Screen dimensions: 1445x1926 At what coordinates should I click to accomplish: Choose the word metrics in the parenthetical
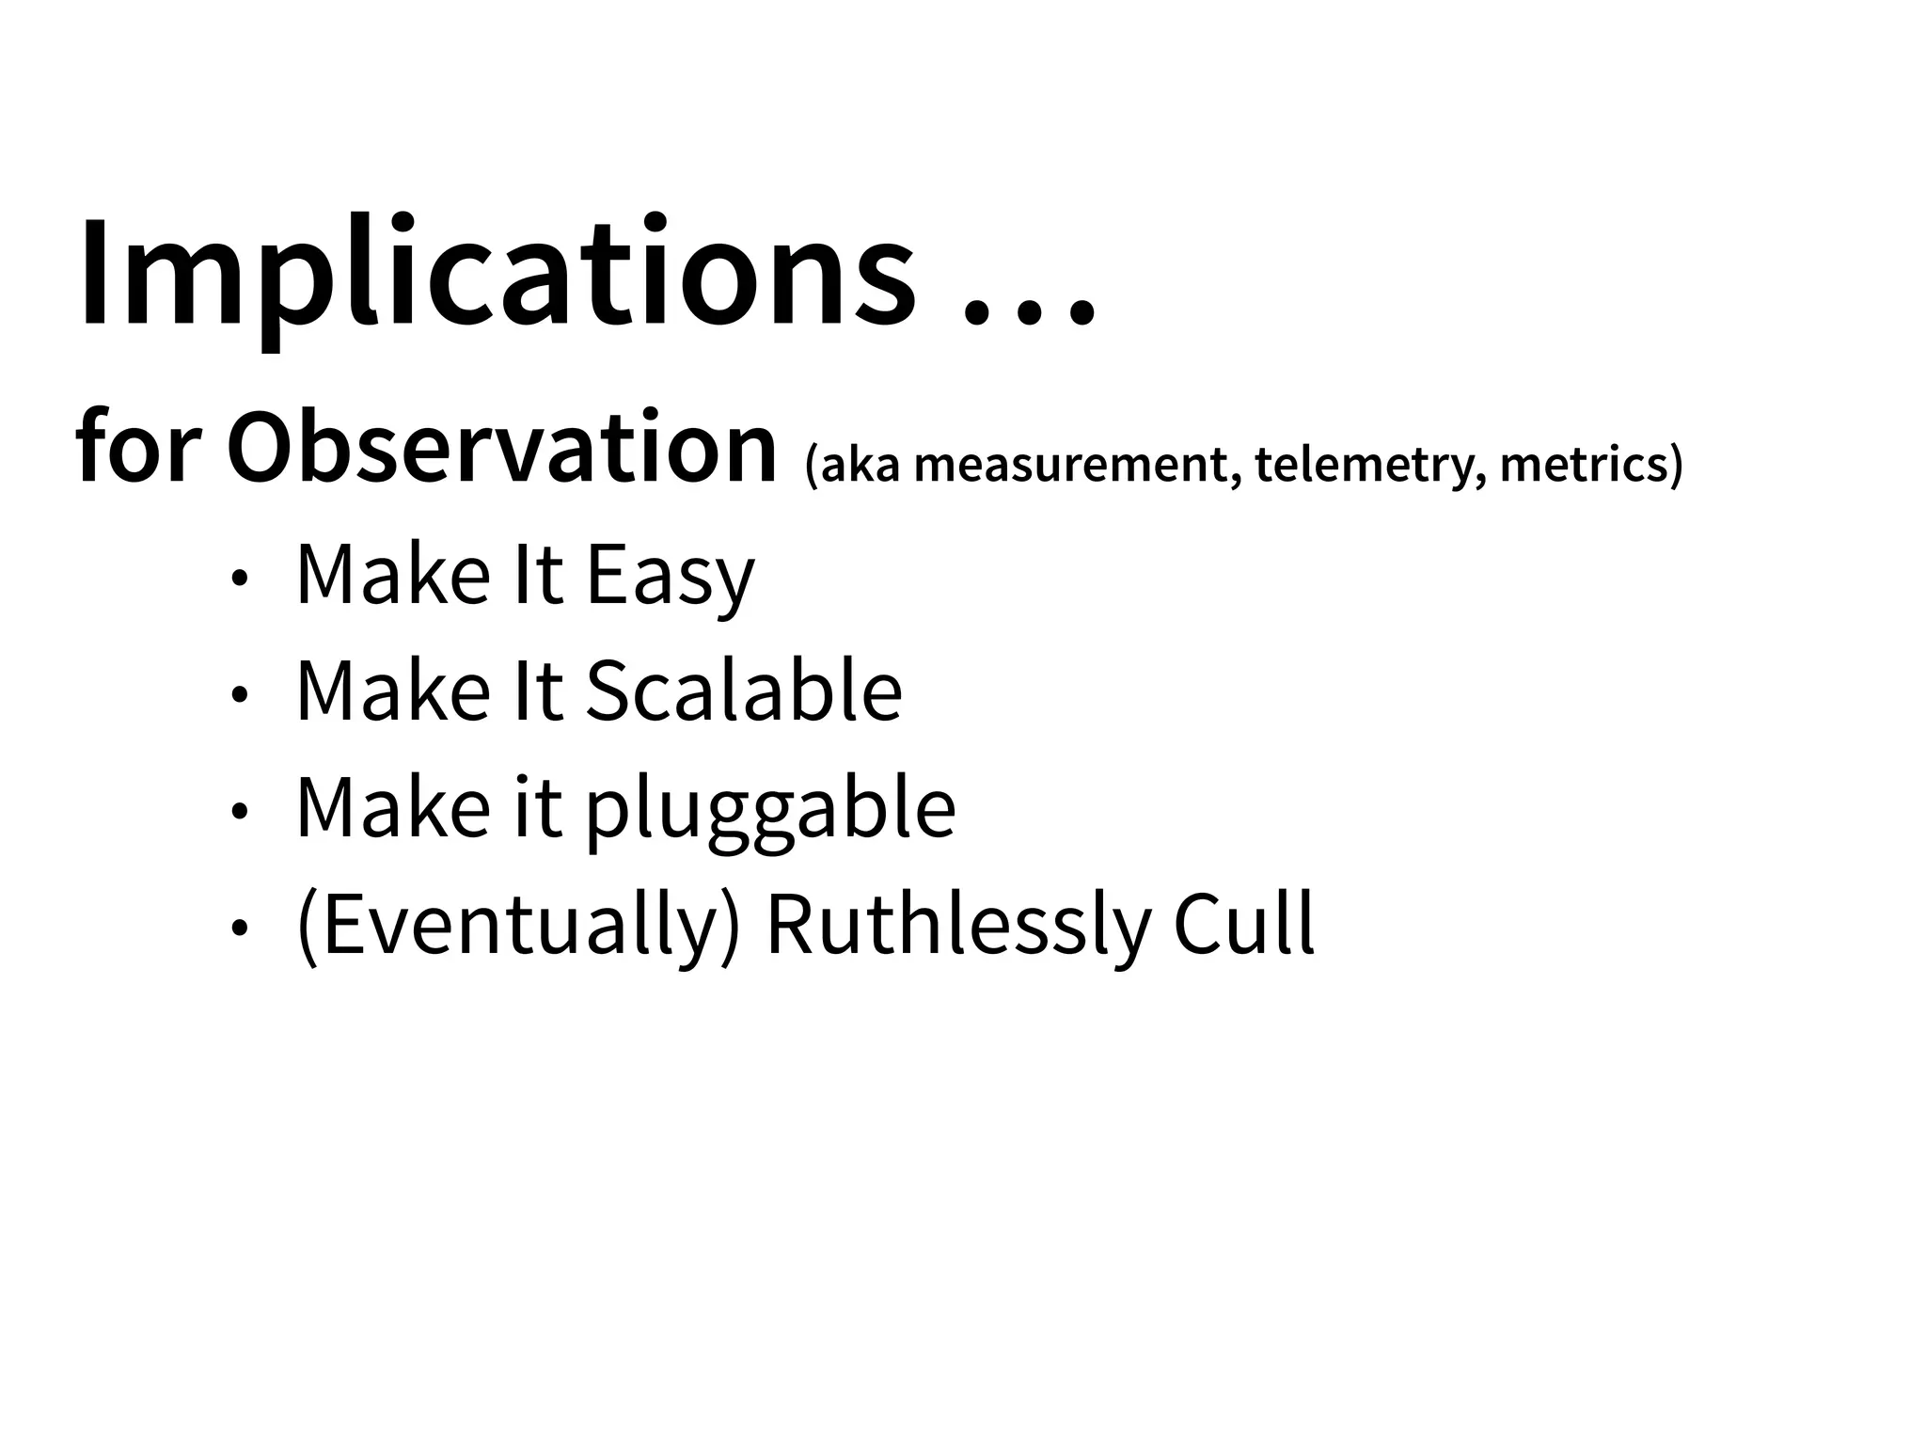point(1590,465)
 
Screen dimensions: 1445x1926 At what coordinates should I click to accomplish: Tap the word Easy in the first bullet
point(671,577)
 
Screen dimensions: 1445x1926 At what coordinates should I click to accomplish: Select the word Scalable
point(744,691)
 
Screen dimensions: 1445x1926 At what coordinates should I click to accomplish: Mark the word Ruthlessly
point(958,926)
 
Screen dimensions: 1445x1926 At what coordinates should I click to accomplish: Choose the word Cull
point(1243,926)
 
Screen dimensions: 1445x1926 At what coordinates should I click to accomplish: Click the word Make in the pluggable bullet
point(393,808)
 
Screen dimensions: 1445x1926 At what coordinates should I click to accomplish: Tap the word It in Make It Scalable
point(539,691)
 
